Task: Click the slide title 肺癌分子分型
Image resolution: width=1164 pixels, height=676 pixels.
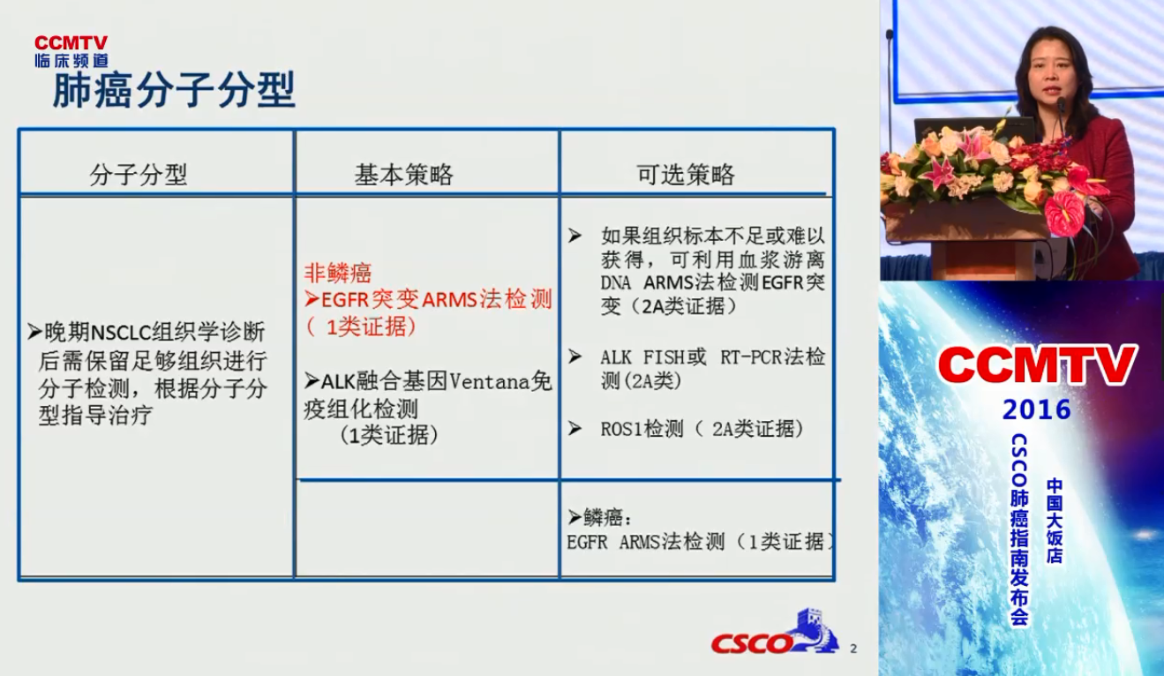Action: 174,90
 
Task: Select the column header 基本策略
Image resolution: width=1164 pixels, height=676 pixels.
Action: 404,175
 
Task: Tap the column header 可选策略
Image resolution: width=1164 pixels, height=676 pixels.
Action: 686,175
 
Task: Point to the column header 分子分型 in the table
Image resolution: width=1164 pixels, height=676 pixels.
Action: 139,175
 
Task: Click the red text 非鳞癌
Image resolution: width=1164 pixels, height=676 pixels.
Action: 338,273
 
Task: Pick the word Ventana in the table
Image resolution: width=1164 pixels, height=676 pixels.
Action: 489,382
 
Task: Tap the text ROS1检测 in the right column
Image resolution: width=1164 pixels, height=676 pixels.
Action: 642,429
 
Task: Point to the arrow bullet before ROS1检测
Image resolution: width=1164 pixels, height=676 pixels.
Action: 574,428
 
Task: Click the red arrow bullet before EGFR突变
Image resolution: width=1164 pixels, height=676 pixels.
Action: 312,299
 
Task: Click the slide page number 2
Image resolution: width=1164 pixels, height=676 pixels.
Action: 853,649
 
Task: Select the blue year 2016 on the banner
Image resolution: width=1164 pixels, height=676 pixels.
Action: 1037,410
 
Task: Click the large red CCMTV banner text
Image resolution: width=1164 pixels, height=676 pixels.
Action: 1037,364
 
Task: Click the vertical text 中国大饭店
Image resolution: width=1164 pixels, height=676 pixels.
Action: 1055,521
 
